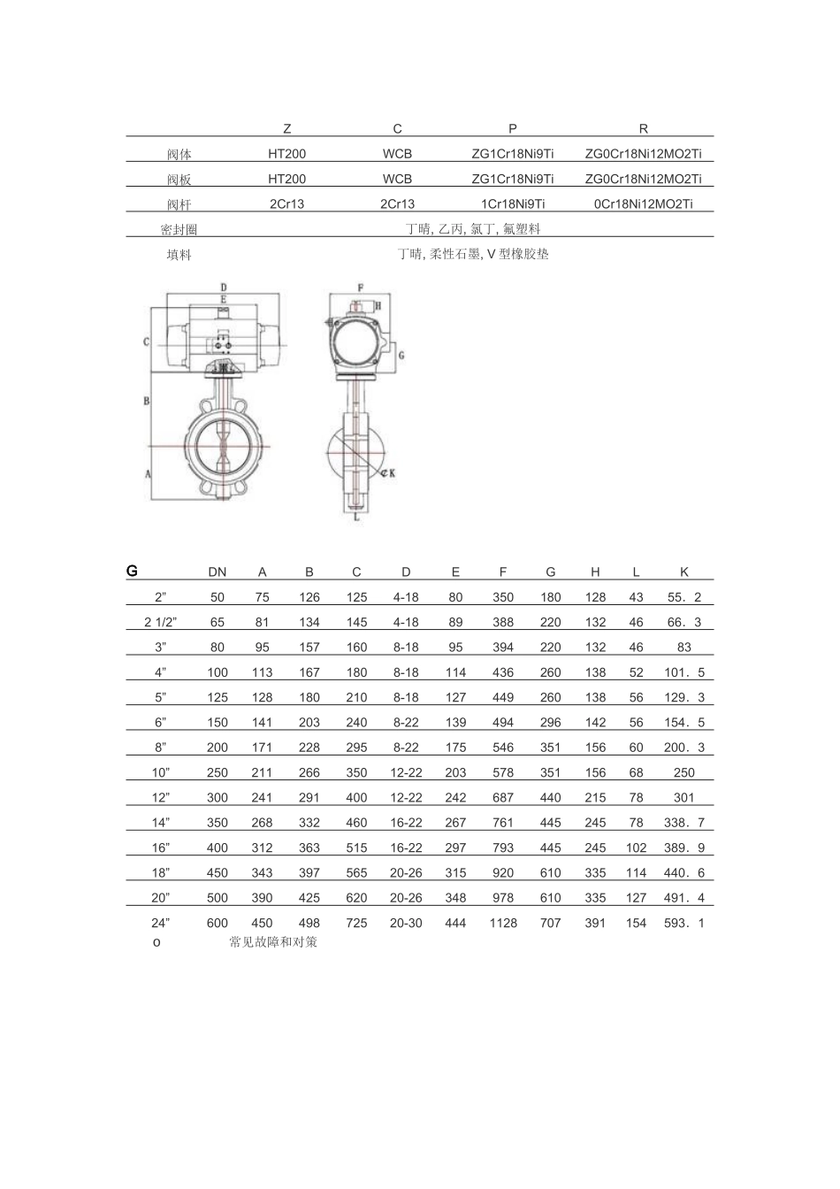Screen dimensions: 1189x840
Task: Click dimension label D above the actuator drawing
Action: click(224, 288)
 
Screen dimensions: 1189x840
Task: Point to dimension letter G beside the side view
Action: click(401, 354)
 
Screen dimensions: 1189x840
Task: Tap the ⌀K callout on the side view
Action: click(386, 473)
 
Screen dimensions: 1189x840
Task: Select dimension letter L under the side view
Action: click(356, 518)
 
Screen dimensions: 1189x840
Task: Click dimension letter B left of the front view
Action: click(147, 401)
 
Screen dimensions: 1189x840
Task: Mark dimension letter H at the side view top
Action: click(378, 305)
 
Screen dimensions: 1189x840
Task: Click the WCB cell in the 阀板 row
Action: click(397, 179)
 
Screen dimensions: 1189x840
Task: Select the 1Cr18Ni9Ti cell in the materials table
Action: click(513, 204)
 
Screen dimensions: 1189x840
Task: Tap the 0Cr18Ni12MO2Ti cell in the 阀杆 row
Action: click(643, 204)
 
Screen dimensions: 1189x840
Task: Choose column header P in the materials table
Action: click(513, 128)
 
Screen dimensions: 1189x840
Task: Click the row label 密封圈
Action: click(179, 230)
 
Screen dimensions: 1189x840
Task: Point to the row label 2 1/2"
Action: click(161, 622)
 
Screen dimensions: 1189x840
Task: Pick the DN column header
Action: click(218, 572)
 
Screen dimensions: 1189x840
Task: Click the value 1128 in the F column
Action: click(503, 923)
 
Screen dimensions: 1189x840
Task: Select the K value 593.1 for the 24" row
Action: click(683, 923)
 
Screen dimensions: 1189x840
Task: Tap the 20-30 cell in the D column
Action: click(406, 923)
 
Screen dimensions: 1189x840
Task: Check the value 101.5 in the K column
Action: click(683, 672)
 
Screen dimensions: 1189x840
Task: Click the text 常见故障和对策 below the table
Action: click(273, 942)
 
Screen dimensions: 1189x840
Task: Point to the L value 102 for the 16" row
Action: click(636, 848)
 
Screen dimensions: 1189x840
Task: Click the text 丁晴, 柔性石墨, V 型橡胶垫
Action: click(473, 255)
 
